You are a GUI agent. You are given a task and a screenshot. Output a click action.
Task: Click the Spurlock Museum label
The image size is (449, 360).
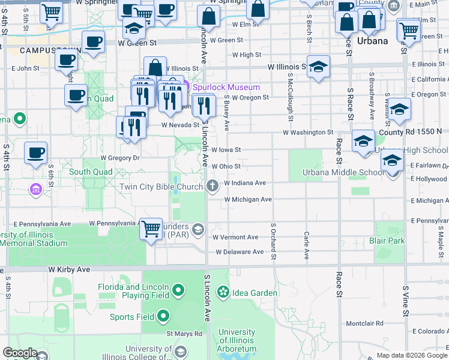[x=226, y=87]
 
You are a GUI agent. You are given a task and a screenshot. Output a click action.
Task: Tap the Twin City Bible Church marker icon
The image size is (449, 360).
[x=212, y=187]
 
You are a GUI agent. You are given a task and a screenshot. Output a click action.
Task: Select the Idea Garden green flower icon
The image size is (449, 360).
[x=223, y=293]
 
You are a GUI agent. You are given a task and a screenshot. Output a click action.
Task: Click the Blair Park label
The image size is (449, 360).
[x=387, y=241]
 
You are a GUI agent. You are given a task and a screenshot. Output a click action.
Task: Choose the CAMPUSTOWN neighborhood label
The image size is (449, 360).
[x=41, y=50]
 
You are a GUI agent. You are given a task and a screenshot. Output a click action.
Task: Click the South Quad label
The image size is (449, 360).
[x=91, y=172]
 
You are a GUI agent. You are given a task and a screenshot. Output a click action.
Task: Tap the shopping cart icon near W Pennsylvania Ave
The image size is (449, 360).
[x=151, y=228]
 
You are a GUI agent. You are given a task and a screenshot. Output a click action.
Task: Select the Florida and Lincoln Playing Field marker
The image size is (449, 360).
[x=178, y=292]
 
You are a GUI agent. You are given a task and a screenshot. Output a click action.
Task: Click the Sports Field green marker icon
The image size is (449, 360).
[x=163, y=317]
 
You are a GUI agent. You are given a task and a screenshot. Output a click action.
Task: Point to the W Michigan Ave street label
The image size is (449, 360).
[x=248, y=199]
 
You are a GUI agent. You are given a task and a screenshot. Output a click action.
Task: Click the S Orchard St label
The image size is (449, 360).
[x=273, y=242]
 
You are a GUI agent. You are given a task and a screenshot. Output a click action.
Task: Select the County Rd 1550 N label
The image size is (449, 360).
[x=410, y=131]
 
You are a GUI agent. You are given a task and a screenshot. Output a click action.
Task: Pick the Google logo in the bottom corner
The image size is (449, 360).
[x=20, y=353]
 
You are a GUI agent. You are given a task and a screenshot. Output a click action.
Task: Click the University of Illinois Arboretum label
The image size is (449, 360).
[x=237, y=340]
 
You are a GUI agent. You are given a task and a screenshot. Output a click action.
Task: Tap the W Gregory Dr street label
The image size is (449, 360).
[x=119, y=158]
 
